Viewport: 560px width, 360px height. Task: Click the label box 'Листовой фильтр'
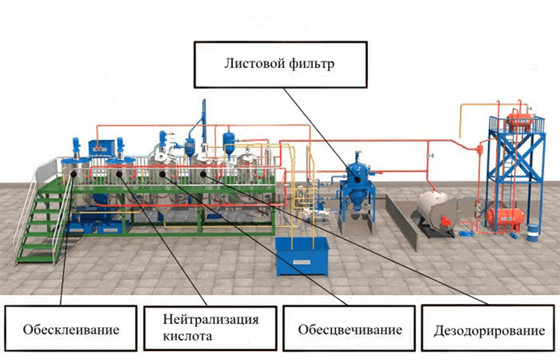click(279, 64)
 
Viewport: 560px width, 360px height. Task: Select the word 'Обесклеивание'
click(71, 329)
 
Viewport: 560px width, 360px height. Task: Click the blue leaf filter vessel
click(357, 187)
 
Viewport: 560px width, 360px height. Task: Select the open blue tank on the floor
click(302, 255)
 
